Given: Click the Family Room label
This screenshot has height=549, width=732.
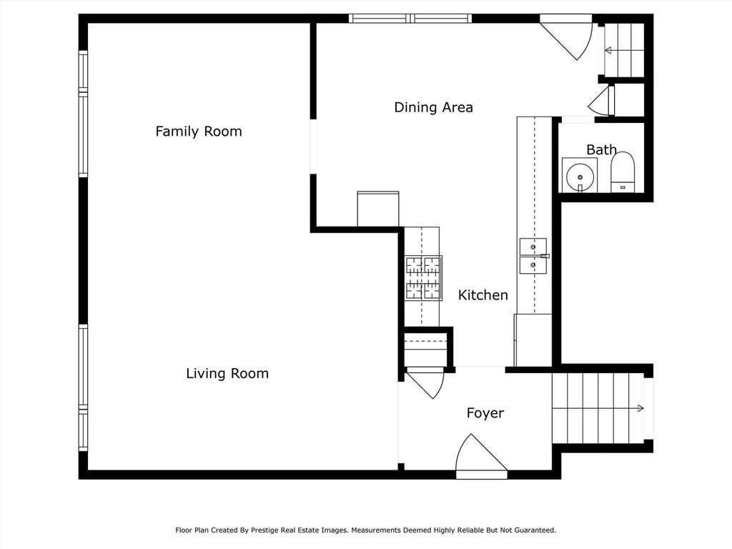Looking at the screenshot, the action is pos(199,132).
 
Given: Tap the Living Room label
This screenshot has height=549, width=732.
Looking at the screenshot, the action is pos(227,373).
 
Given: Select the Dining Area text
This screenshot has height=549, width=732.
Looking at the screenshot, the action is pos(433,107).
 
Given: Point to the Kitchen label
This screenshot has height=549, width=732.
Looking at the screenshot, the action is pos(483,295).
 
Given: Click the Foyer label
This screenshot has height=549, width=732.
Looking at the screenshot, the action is pos(485,413).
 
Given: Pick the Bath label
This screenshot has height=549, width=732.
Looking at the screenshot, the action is pos(601,150).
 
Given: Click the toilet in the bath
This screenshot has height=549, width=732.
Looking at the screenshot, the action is pos(623,172).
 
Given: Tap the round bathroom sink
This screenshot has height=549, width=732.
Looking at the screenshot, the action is pos(579,177).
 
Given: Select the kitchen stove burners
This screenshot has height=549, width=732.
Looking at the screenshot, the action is pos(423,277).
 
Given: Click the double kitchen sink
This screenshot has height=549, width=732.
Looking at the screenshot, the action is pos(533,256).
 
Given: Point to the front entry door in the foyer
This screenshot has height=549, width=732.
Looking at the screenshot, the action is pos(481,456).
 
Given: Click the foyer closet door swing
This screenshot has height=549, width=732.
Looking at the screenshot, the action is pos(425,383).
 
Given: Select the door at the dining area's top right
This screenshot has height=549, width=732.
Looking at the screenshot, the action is pos(566,37).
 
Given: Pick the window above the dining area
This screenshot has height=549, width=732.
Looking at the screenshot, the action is pos(410,19).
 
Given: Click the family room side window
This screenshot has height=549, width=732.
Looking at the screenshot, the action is pos(83,114).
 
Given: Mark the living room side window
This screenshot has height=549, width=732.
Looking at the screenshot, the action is pos(83,388).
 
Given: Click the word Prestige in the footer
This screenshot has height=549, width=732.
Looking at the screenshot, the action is pos(265,530).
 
